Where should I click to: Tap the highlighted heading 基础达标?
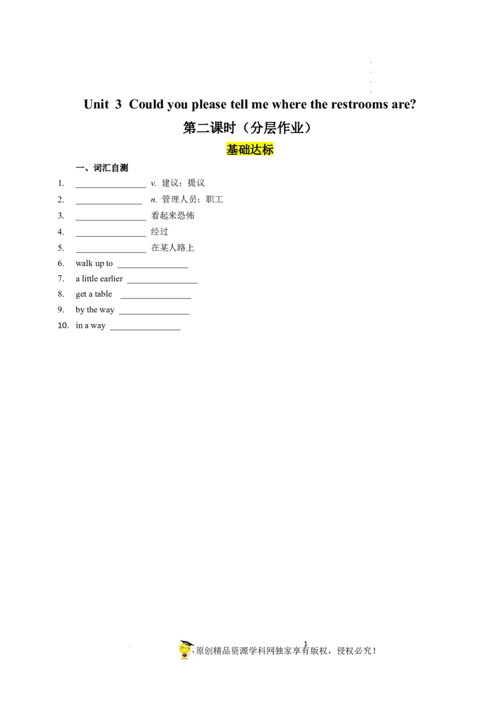pos(250,149)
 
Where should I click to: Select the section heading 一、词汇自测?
pos(102,168)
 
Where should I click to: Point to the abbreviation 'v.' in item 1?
pos(153,183)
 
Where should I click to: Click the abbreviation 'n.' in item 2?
pos(154,200)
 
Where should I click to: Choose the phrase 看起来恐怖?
pos(173,215)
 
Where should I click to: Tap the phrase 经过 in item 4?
pos(159,232)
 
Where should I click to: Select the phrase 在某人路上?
pos(173,247)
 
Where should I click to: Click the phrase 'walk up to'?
pos(94,264)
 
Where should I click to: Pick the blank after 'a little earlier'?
pos(162,283)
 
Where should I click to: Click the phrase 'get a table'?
pos(94,294)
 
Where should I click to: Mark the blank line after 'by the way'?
pos(154,314)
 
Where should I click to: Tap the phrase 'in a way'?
pos(91,325)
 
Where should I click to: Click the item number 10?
pos(63,325)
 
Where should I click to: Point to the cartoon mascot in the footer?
pos(186,650)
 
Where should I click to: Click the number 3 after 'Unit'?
pos(118,104)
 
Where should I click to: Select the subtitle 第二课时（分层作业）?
pos(247,128)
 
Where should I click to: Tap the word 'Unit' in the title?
pos(97,104)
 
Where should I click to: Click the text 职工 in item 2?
pos(214,199)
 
